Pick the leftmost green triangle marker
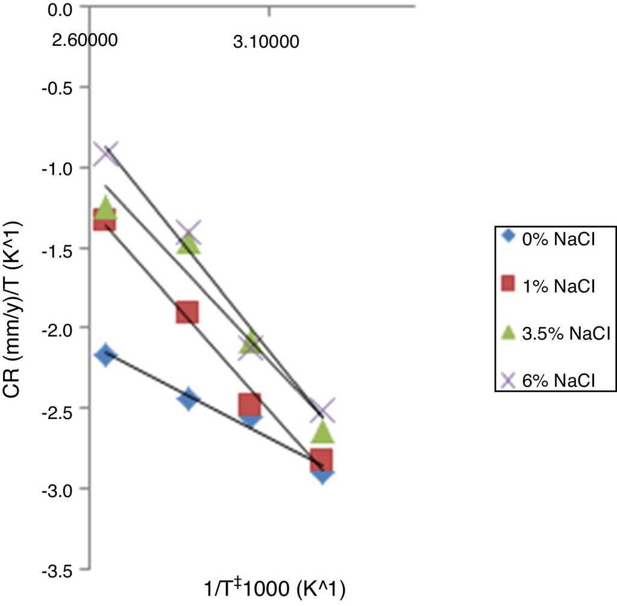click(106, 207)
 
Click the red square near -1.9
click(187, 313)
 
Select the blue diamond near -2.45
click(189, 398)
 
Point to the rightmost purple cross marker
click(322, 411)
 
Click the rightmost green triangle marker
click(322, 432)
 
